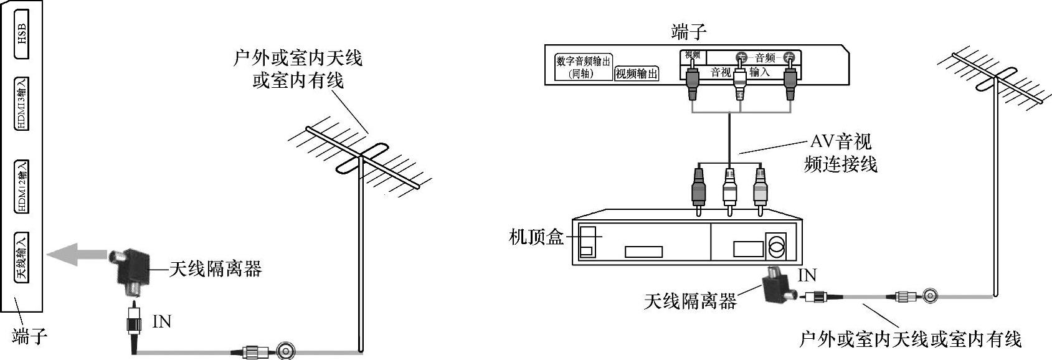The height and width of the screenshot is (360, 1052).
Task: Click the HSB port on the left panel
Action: point(22,34)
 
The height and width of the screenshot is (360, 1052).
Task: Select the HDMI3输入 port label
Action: point(22,103)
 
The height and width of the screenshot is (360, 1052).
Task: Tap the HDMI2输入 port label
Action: point(22,186)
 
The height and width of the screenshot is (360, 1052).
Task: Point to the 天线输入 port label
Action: point(22,257)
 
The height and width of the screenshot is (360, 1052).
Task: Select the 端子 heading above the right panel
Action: point(689,32)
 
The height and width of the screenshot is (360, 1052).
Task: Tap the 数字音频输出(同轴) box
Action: point(582,67)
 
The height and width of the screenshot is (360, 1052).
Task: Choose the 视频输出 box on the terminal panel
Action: point(637,73)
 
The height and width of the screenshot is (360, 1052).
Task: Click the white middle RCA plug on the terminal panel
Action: point(739,84)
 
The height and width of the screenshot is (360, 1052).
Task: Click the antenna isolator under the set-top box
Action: point(778,286)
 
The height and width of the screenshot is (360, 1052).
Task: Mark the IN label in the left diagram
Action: point(162,321)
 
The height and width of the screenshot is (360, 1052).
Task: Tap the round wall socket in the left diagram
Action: point(287,351)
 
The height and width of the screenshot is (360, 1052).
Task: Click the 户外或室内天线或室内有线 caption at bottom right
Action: point(911,339)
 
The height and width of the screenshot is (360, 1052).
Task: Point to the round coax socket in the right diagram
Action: point(929,295)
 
